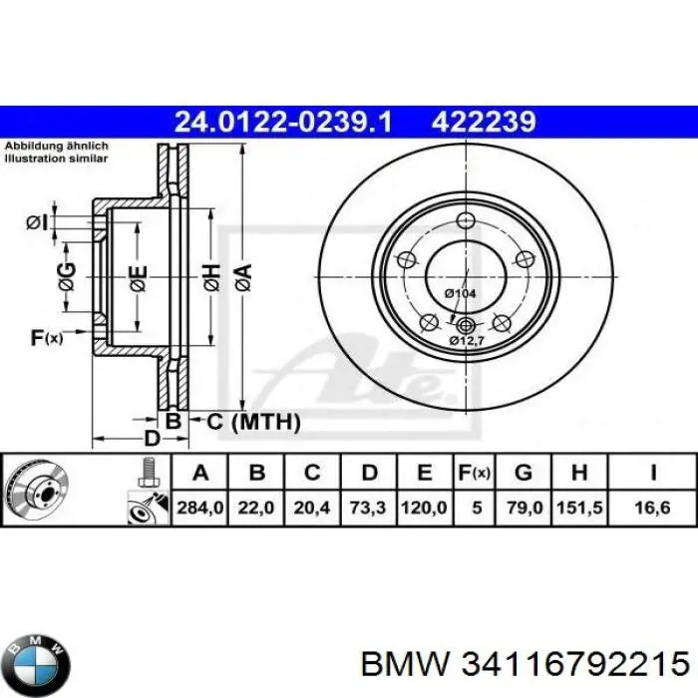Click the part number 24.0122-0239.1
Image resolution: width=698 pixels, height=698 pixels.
[283, 122]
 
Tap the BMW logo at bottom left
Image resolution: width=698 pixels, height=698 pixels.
[38, 661]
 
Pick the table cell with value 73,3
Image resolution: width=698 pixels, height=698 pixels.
[367, 508]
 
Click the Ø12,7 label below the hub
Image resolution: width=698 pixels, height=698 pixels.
[466, 342]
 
